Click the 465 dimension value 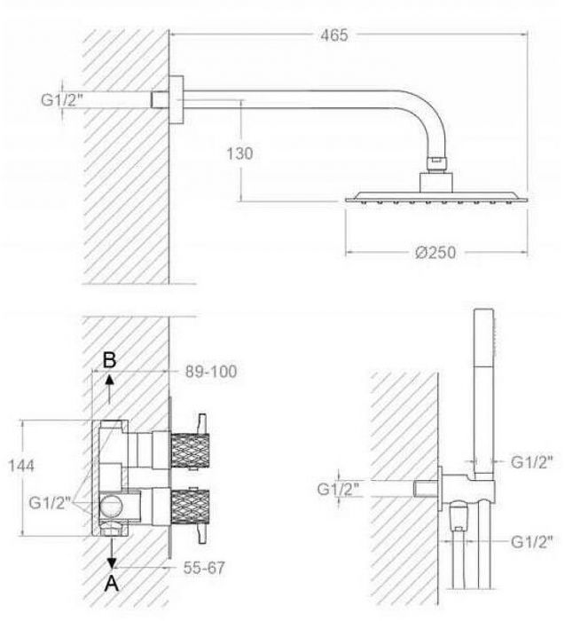(x=334, y=35)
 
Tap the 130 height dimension (x=239, y=153)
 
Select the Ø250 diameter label (x=436, y=252)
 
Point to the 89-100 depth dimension (x=211, y=372)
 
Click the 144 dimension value (x=21, y=466)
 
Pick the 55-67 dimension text (x=204, y=568)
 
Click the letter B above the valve (x=109, y=360)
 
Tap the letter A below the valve (x=112, y=584)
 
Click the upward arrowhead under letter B (x=110, y=380)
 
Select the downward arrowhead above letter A (x=112, y=562)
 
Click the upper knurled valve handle (x=190, y=451)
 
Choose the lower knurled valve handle (x=190, y=507)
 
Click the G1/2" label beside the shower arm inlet (x=62, y=99)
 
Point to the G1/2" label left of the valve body (x=50, y=503)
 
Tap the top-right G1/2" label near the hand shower (x=531, y=462)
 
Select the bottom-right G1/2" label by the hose (x=531, y=542)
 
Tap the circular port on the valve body (x=111, y=507)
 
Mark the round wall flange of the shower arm (x=177, y=99)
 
